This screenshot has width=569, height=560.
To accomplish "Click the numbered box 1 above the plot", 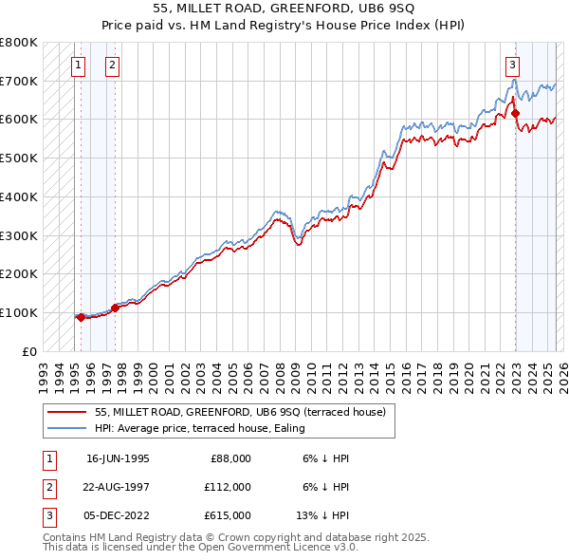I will pyautogui.click(x=78, y=65).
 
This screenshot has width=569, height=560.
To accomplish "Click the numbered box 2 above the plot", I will pyautogui.click(x=112, y=65).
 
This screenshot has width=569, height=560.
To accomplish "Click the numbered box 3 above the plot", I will pyautogui.click(x=512, y=65).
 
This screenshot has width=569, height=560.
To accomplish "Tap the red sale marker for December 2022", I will pyautogui.click(x=516, y=114).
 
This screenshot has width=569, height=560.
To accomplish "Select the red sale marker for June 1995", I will pyautogui.click(x=81, y=317).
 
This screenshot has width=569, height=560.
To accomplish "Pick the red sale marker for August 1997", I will pyautogui.click(x=115, y=308).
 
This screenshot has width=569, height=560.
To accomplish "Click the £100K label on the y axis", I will pyautogui.click(x=18, y=312).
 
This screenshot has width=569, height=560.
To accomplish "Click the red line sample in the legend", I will pyautogui.click(x=66, y=412).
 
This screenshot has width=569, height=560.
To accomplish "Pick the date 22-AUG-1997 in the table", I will pyautogui.click(x=118, y=487).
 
